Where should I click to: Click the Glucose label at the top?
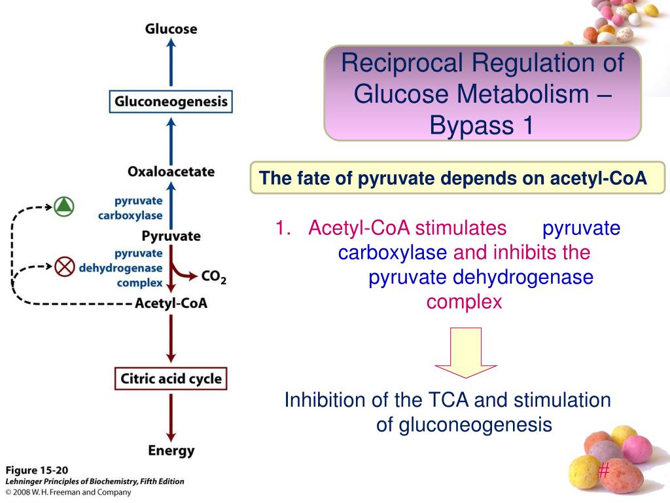click(x=171, y=29)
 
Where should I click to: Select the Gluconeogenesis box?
click(x=171, y=102)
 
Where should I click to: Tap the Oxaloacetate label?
click(x=171, y=172)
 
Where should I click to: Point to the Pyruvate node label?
click(x=171, y=236)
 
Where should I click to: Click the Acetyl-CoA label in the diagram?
click(x=171, y=303)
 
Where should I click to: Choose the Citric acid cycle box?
click(x=171, y=379)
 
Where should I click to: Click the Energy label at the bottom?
click(x=171, y=451)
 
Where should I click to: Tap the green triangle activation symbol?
click(x=64, y=206)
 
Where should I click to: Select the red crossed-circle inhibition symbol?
click(x=65, y=267)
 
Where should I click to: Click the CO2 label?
click(x=214, y=277)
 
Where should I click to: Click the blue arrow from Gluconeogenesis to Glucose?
click(x=171, y=62)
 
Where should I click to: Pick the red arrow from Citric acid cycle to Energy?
click(x=171, y=418)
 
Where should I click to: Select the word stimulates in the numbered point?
click(x=461, y=228)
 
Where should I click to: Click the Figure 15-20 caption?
click(x=37, y=470)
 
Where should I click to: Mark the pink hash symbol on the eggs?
click(x=604, y=471)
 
